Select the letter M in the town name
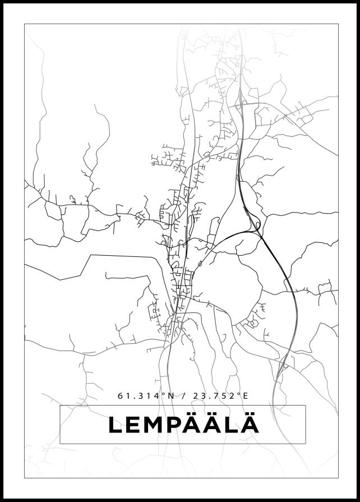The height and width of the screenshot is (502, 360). click(158, 425)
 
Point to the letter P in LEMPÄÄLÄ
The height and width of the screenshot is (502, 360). click(181, 425)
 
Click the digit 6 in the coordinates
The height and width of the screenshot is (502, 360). click(120, 395)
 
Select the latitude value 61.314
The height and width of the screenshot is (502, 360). click(138, 395)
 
